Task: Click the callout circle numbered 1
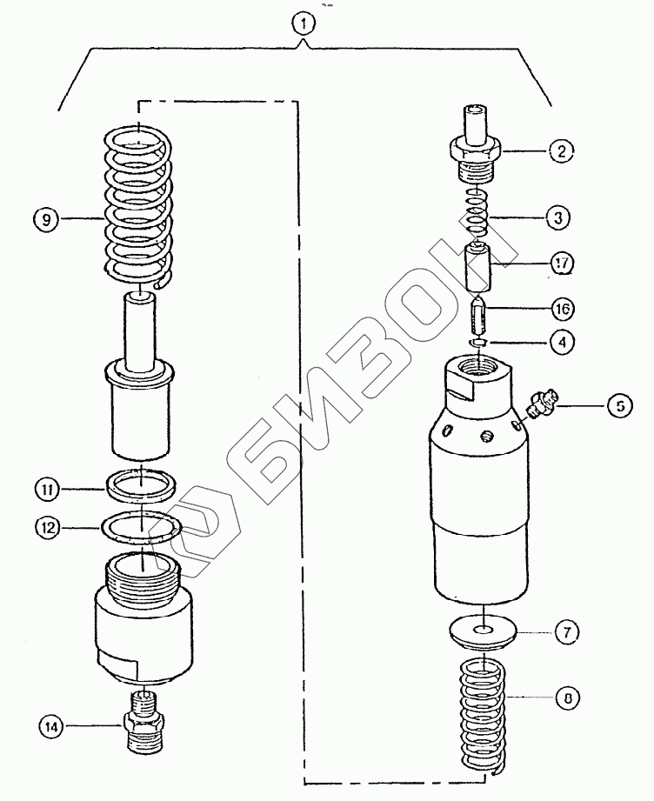coord(304,23)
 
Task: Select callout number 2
coord(562,150)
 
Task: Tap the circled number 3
coord(558,217)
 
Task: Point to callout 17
coord(562,264)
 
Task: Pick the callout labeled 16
coord(562,309)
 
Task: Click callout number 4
coord(562,342)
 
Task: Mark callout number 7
coord(568,632)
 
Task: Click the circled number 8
coord(568,698)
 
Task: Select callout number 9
coord(46,220)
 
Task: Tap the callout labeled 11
coord(47,490)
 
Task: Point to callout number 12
coord(48,527)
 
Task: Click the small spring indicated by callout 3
coord(478,214)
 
